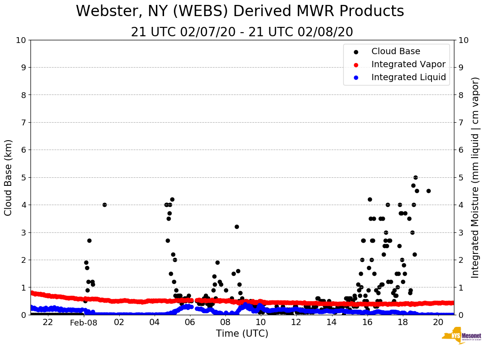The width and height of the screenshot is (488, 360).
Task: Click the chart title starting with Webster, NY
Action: pos(240,12)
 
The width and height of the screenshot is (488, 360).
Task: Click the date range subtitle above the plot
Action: pos(242,32)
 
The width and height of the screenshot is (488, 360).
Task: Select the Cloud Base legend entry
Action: pos(396,51)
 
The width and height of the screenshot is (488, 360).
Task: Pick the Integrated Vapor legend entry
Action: pos(408,64)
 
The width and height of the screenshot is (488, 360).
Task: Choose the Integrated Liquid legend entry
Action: pos(409,77)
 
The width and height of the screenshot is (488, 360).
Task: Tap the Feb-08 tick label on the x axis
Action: pos(84,322)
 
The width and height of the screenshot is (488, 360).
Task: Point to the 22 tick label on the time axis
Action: pos(48,322)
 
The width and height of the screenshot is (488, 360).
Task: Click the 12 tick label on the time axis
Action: pos(296,322)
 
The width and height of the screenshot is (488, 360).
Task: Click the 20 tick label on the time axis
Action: pos(438,322)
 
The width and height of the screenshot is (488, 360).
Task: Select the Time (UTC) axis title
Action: pos(242,334)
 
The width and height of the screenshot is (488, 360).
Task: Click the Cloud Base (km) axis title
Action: pos(9,177)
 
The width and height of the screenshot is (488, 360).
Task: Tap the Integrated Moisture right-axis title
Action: pos(475,177)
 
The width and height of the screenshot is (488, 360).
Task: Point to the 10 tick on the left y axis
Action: pos(21,40)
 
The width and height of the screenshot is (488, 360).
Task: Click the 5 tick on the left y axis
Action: pos(23,177)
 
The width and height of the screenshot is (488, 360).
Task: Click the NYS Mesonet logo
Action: pos(462,337)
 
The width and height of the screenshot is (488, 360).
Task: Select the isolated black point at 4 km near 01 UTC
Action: pos(104,205)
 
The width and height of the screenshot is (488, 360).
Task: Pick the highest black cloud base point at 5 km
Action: pos(415,177)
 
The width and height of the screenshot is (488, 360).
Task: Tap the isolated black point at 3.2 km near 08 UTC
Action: pos(237,227)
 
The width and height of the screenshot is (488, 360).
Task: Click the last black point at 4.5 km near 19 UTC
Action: pos(428,191)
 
